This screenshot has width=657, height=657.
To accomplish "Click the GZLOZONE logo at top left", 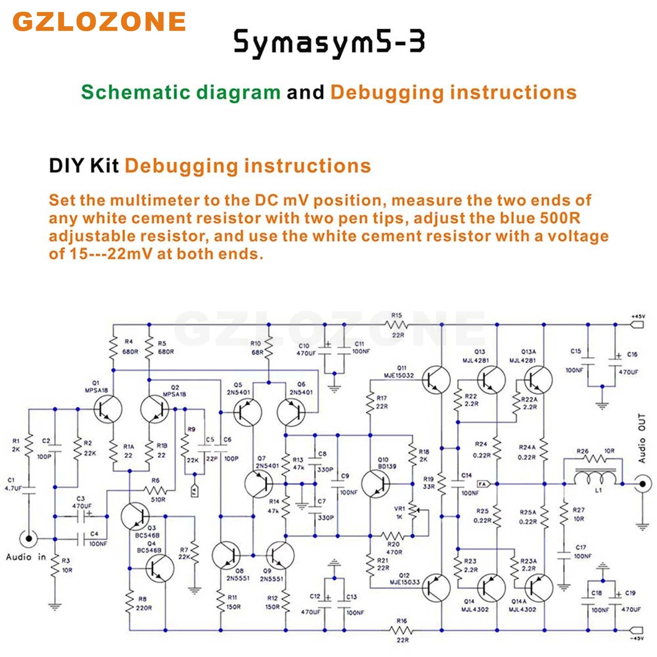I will [x=99, y=21].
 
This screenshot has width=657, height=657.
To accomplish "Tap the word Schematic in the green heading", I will [x=136, y=92].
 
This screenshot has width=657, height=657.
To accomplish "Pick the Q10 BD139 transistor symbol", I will [x=375, y=484].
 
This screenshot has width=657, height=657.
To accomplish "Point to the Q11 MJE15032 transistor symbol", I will [x=436, y=380].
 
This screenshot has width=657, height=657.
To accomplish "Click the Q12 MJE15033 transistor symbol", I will [x=436, y=588].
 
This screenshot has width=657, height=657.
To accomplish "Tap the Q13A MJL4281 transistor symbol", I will [x=538, y=380].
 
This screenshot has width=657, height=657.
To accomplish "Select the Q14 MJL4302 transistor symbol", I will [x=491, y=588].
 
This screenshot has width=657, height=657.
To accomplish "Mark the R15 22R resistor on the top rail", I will [x=397, y=324].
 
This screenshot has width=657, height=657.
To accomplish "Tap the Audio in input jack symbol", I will [x=28, y=538].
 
